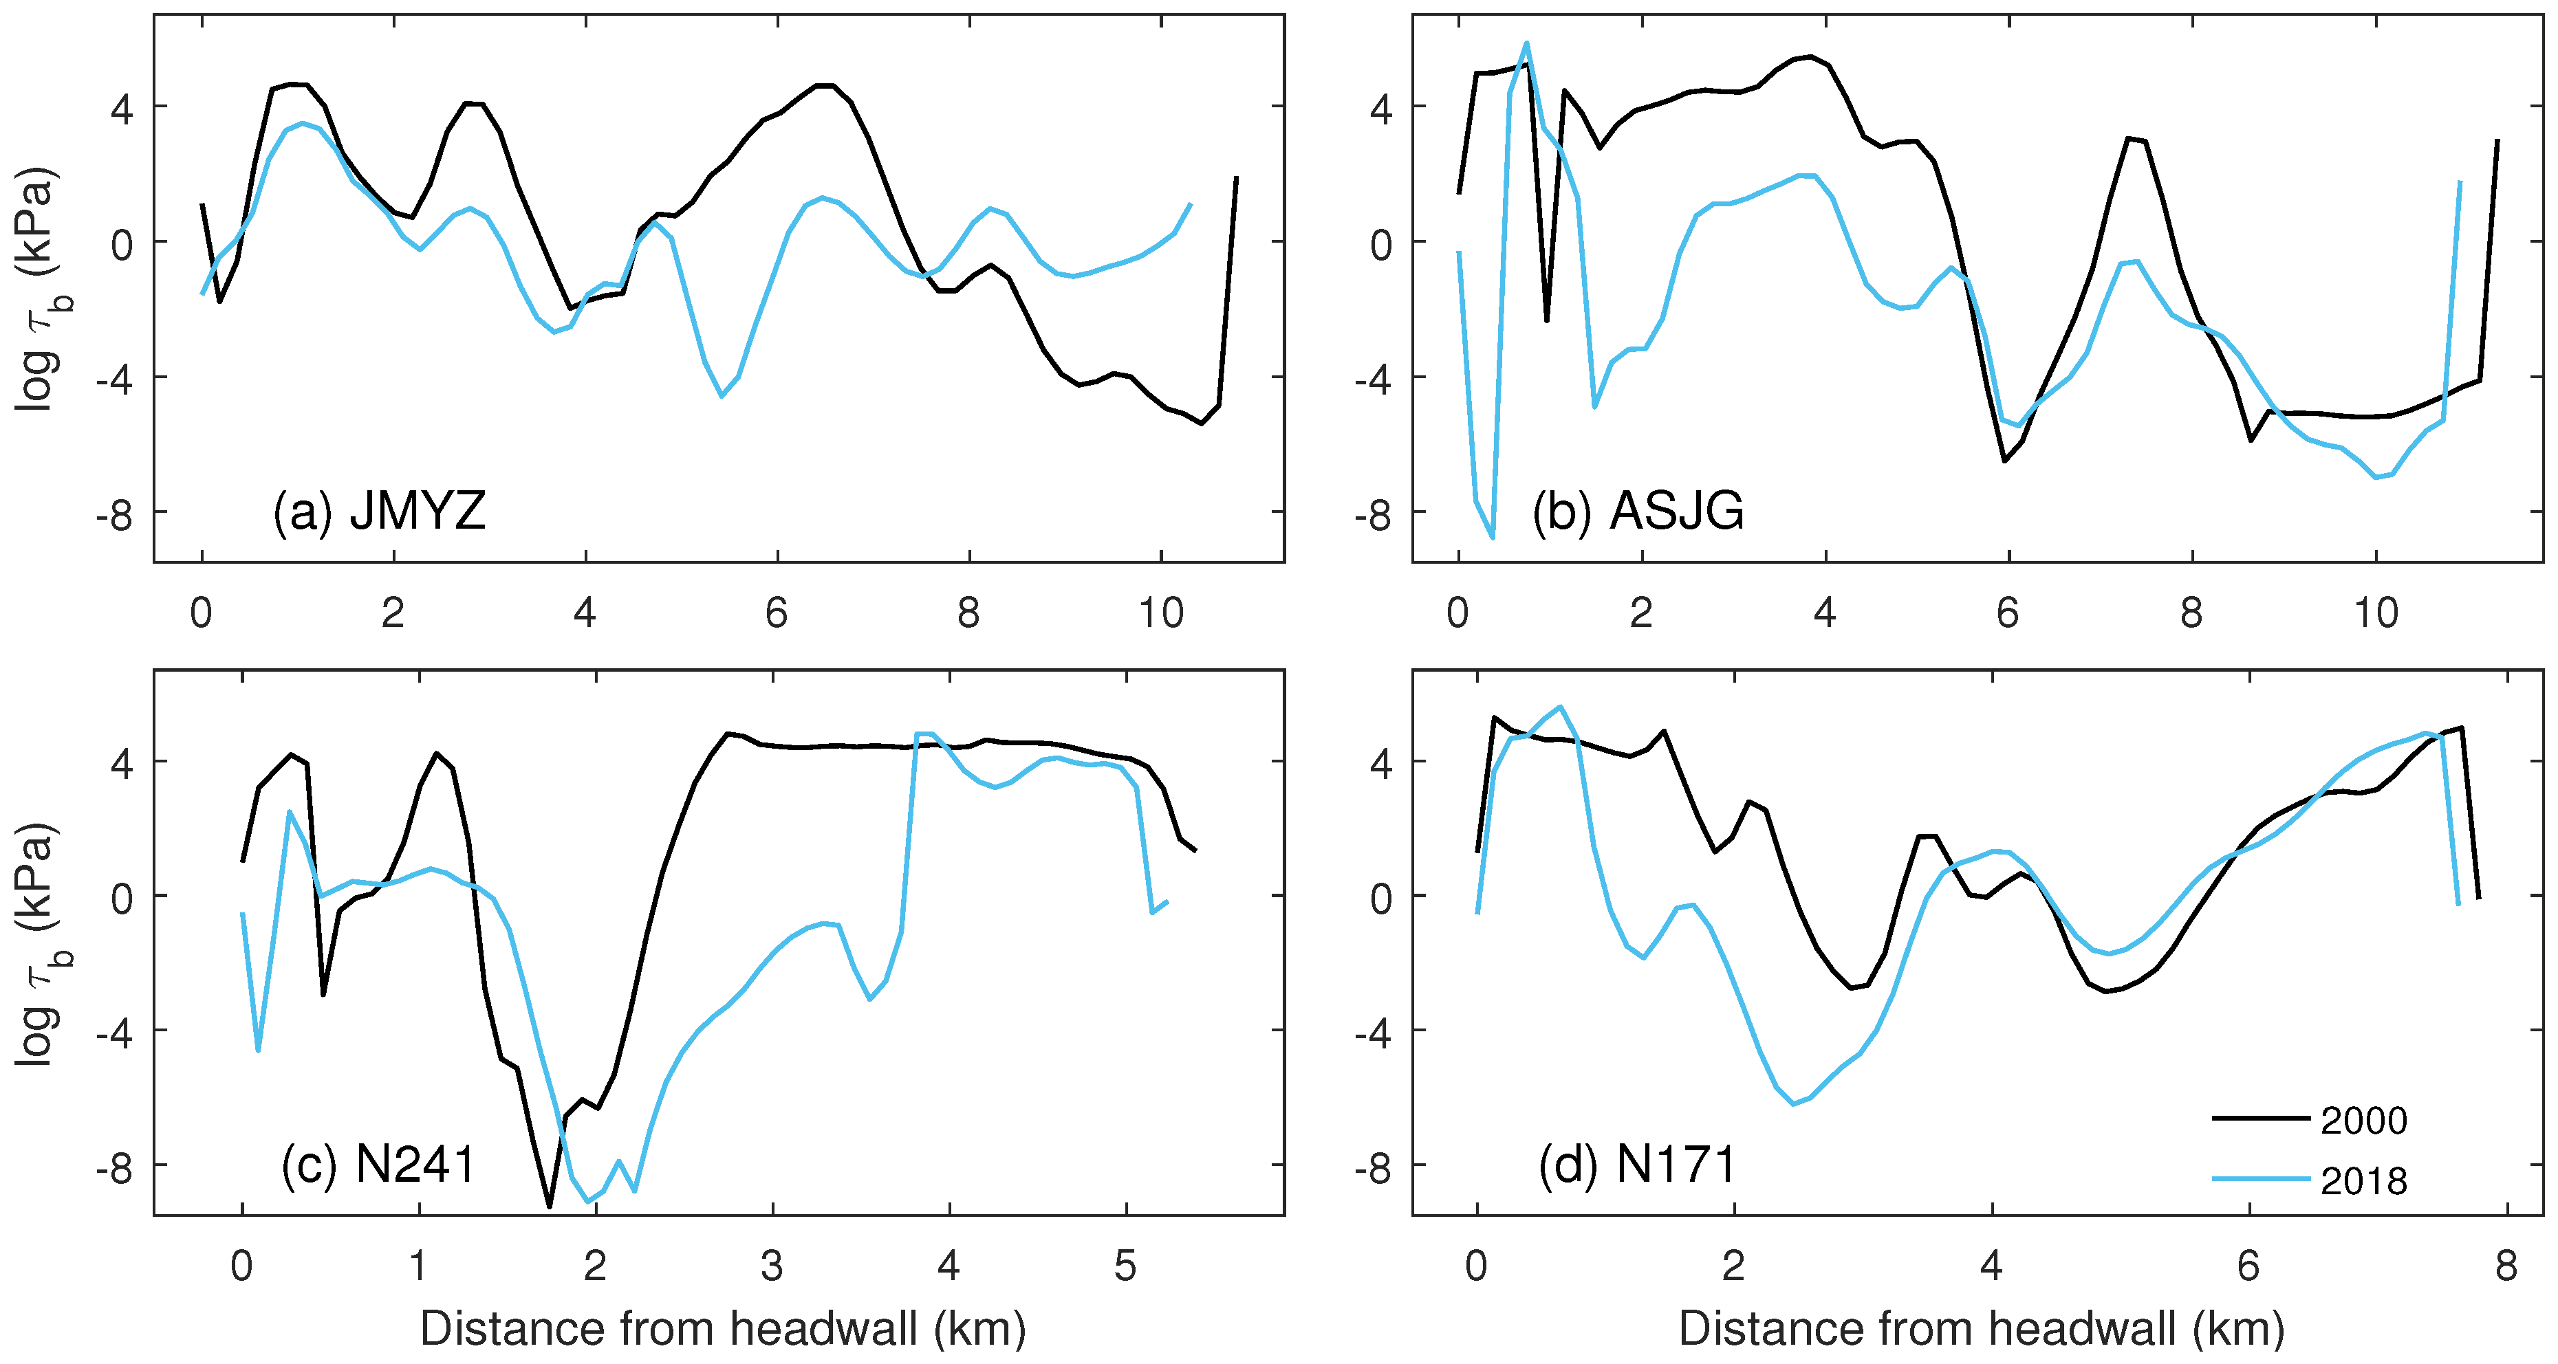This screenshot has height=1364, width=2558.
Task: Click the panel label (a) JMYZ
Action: pos(379,512)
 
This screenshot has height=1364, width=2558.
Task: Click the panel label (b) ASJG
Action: pos(1638,512)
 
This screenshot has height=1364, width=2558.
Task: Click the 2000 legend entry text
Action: pos(2363,1121)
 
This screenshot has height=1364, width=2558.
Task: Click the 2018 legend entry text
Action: pos(2363,1181)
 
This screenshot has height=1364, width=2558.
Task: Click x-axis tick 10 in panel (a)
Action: pos(1160,613)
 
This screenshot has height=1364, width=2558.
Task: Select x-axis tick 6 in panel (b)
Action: pos(2008,613)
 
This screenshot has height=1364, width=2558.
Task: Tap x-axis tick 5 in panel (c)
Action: pos(1125,1266)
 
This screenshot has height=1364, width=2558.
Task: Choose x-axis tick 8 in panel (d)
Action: pos(2505,1266)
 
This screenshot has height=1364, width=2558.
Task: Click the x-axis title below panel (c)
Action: pos(722,1328)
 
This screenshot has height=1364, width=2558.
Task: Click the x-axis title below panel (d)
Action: pos(1981,1328)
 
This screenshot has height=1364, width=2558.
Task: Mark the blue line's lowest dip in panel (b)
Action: pos(1493,537)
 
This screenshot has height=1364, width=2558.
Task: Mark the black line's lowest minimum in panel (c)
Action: pos(549,1206)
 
